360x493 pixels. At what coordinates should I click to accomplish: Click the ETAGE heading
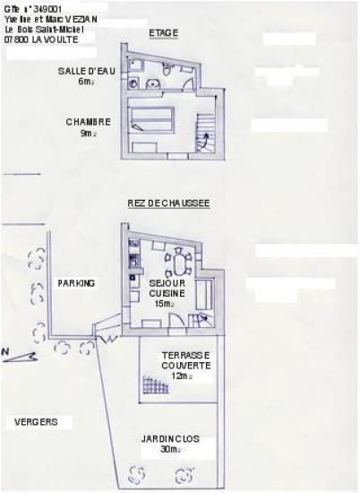[163, 33]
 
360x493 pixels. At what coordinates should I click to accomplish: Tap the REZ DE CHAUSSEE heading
[169, 203]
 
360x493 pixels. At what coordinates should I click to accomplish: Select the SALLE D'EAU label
[84, 70]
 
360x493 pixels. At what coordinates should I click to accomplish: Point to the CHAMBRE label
[88, 122]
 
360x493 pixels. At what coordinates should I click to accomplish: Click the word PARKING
[76, 283]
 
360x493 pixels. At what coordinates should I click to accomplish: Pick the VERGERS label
[37, 421]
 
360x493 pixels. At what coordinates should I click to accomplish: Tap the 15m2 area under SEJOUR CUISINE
[163, 304]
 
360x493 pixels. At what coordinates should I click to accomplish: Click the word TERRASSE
[186, 355]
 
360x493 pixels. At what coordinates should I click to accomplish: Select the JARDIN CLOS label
[169, 439]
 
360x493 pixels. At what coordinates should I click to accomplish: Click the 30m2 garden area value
[169, 450]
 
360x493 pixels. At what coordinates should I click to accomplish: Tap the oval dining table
[182, 263]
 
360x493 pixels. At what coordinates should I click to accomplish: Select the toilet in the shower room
[167, 70]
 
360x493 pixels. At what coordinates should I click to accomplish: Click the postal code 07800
[16, 40]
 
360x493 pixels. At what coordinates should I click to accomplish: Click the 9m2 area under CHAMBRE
[87, 133]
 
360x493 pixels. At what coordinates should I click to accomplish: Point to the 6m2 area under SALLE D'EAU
[86, 81]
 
